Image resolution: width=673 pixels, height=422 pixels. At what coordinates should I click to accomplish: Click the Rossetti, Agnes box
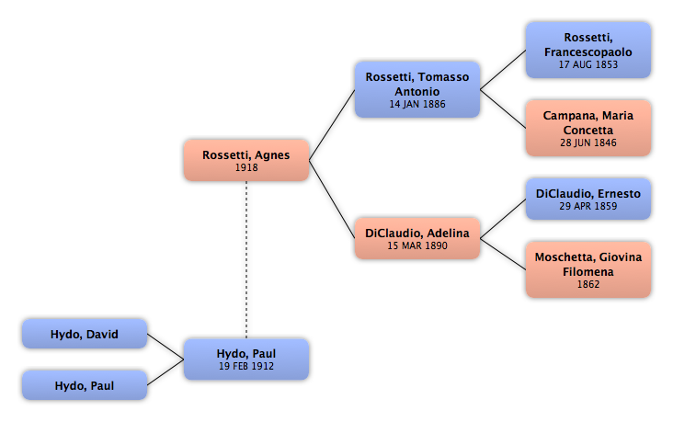[x=246, y=160]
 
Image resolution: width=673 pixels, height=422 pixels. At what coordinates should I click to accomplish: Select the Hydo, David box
[x=85, y=334]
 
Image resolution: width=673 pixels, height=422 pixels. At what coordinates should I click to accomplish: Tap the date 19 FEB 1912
[x=246, y=366]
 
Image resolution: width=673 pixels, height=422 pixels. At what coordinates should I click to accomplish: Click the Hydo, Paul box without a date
[x=85, y=385]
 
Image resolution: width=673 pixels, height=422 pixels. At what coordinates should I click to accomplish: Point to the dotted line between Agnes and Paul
[x=246, y=259]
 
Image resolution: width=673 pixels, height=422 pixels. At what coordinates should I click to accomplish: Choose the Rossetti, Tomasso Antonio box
[x=417, y=89]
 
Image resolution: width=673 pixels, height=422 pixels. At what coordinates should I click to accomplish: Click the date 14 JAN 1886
[x=417, y=104]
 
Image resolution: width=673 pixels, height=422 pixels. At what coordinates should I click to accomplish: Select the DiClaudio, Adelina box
[x=417, y=238]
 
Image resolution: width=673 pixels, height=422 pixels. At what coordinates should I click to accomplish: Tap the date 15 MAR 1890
[x=417, y=245]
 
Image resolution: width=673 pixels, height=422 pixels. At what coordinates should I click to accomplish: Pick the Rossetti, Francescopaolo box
[x=588, y=51]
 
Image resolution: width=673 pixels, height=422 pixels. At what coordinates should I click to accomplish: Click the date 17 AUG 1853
[x=588, y=65]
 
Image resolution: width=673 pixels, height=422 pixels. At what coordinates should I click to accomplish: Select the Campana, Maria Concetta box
[x=588, y=128]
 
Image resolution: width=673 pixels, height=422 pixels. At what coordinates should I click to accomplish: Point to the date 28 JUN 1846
[x=588, y=143]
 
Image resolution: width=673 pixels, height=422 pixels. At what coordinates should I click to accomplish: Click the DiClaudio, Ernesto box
[x=588, y=199]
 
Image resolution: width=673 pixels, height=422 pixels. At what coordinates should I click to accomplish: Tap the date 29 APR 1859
[x=588, y=207]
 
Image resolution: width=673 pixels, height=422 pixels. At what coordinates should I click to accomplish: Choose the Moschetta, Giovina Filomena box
[x=588, y=269]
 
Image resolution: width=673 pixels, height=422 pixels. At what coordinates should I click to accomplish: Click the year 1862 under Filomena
[x=588, y=284]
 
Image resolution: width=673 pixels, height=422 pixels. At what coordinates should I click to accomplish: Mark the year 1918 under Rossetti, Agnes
[x=246, y=168]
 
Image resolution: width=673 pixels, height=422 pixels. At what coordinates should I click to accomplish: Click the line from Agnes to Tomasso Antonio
[x=332, y=125]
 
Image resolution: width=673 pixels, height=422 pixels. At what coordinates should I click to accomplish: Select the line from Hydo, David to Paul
[x=165, y=347]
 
